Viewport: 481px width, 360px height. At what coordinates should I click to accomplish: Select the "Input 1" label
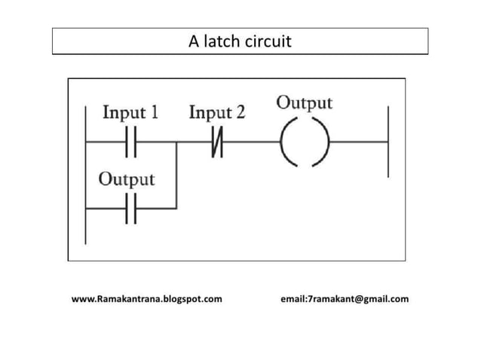pyautogui.click(x=130, y=113)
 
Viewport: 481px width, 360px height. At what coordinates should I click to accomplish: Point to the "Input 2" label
pyautogui.click(x=217, y=113)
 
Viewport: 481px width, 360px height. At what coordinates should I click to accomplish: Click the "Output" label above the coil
pyautogui.click(x=305, y=102)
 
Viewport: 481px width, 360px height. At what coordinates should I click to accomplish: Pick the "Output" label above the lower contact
pyautogui.click(x=127, y=179)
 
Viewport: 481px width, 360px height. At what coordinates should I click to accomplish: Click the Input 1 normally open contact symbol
pyautogui.click(x=130, y=142)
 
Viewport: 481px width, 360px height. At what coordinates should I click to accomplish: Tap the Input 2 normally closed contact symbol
pyautogui.click(x=217, y=142)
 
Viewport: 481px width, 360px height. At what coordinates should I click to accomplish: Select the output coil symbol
pyautogui.click(x=305, y=142)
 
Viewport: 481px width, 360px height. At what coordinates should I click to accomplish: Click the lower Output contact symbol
pyautogui.click(x=130, y=208)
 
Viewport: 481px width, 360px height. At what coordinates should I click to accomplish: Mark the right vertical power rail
pyautogui.click(x=388, y=142)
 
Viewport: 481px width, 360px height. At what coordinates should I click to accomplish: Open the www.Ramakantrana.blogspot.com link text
pyautogui.click(x=147, y=299)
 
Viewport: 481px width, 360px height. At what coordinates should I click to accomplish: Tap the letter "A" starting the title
pyautogui.click(x=193, y=41)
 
